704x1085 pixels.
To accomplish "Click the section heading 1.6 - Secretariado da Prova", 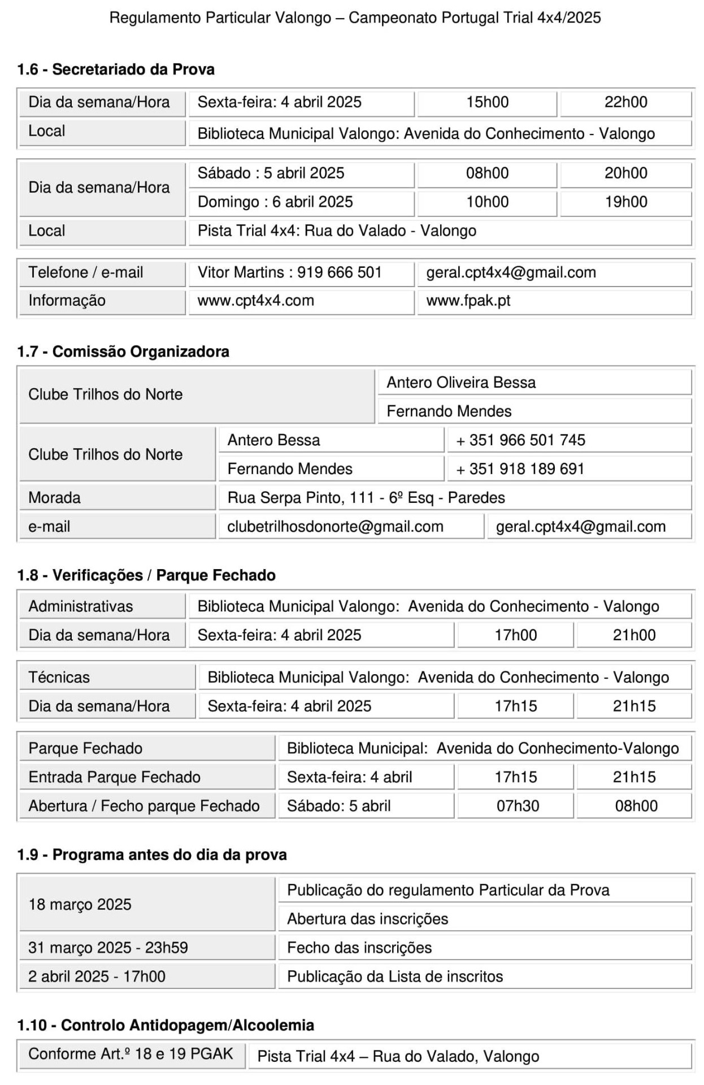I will coord(116,70).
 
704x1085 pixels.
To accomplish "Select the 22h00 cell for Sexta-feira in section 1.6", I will coord(625,102).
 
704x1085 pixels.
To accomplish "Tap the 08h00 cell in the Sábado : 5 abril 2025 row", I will coord(487,173).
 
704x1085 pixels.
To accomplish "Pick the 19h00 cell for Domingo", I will coord(625,202).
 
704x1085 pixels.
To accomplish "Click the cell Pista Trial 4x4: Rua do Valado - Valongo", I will coord(337,231).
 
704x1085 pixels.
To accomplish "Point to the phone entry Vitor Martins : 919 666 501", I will coord(289,272).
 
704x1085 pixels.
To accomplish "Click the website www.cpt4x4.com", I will coord(255,301).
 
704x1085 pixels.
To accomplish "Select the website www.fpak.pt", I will coord(468,301).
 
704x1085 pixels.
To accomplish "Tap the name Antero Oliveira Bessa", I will coord(461,383).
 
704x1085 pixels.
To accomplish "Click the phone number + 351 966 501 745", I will coord(520,440).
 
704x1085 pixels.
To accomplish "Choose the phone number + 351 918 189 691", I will coord(520,469).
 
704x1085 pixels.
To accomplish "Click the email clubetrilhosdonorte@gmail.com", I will coord(335,527).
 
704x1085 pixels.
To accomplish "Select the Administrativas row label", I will coord(81,606).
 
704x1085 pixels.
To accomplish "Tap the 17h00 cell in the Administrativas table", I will coord(515,635).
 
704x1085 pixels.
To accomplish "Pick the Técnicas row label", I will coord(59,678).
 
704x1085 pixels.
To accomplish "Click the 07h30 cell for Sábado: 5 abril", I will coord(518,806).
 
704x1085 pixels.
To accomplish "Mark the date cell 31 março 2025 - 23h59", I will coord(108,948).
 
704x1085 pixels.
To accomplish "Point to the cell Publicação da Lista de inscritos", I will coord(395,976).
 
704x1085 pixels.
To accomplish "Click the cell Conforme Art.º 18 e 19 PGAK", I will coord(131,1054).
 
